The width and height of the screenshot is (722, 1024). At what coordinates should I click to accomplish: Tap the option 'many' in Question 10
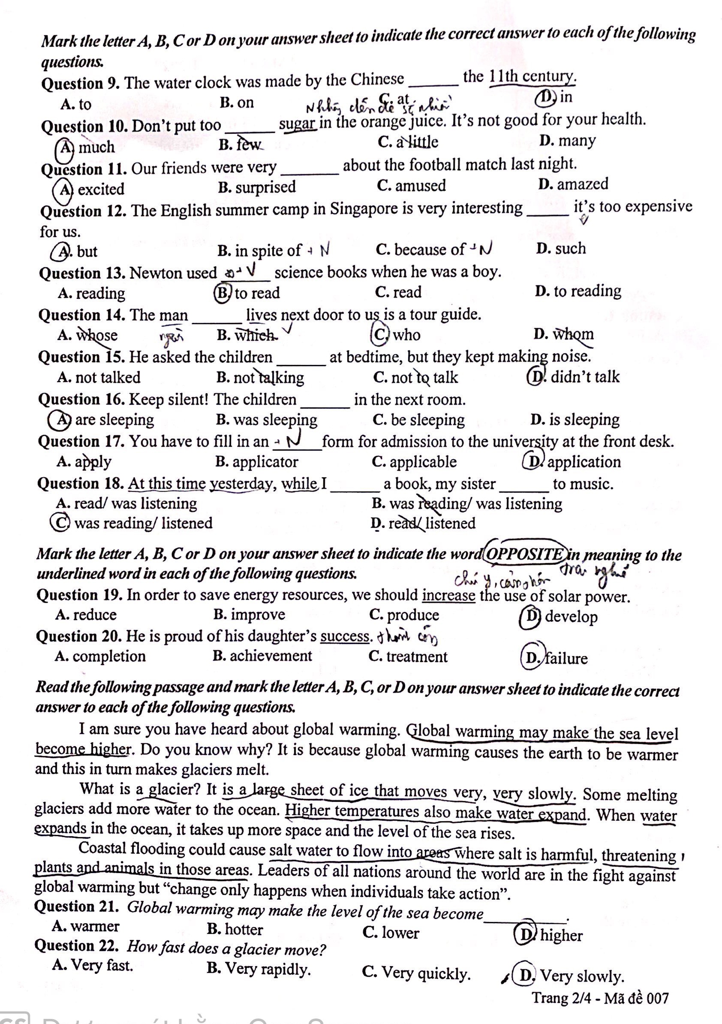tap(576, 141)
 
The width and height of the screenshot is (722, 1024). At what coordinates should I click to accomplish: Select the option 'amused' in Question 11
tap(420, 186)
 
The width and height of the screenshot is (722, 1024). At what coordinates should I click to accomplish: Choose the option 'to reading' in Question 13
tap(587, 291)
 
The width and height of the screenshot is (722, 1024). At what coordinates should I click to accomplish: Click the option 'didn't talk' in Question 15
tap(585, 377)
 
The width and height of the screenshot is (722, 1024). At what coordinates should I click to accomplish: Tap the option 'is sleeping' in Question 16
tap(584, 420)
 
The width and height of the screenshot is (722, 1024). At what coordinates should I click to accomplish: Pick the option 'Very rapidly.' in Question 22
tap(268, 969)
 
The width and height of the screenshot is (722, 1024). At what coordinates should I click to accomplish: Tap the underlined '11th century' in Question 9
tap(532, 77)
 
